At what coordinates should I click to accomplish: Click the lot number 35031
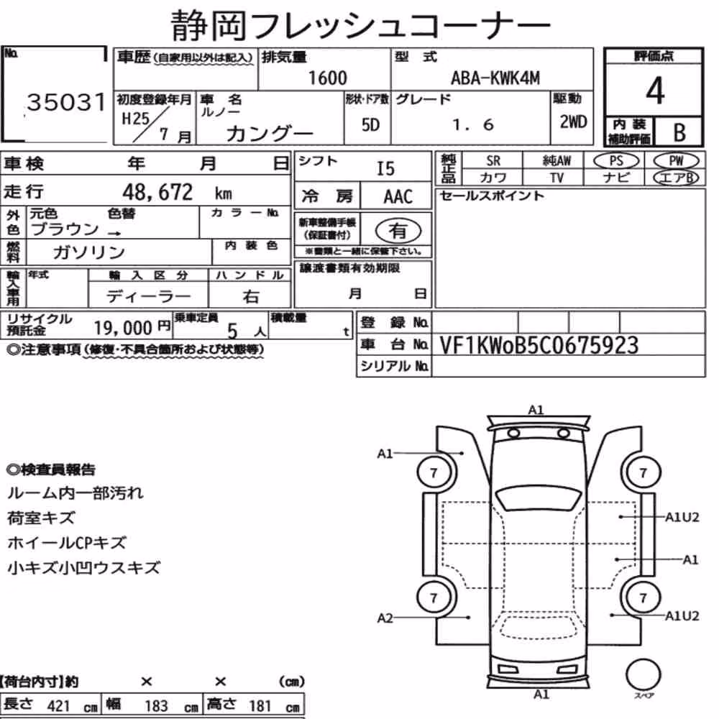coord(66,102)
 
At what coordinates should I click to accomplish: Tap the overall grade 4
coord(655,91)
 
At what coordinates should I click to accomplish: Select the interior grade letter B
coord(679,132)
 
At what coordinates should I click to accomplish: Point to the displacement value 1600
coord(327,78)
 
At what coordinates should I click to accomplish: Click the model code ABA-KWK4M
coord(495,78)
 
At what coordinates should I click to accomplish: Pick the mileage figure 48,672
coord(157,192)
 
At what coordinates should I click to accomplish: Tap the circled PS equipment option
coord(616,160)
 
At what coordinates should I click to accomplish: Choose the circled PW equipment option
coord(676,160)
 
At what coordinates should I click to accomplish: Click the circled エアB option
coord(676,178)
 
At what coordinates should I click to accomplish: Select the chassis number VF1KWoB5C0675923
coord(539,345)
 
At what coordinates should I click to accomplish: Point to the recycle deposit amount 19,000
coord(123,328)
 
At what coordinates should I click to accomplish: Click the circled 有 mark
coord(398,231)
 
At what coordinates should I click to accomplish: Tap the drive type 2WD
coord(573,122)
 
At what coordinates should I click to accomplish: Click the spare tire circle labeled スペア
coord(644,675)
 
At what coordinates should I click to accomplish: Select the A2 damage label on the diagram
coord(385,618)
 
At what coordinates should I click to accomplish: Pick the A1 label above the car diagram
coord(536,410)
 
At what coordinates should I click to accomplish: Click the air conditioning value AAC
coord(398,197)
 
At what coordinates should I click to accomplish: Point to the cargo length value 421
coord(59,706)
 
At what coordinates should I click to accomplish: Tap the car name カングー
coord(269,134)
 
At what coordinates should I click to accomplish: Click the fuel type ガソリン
coord(89,252)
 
